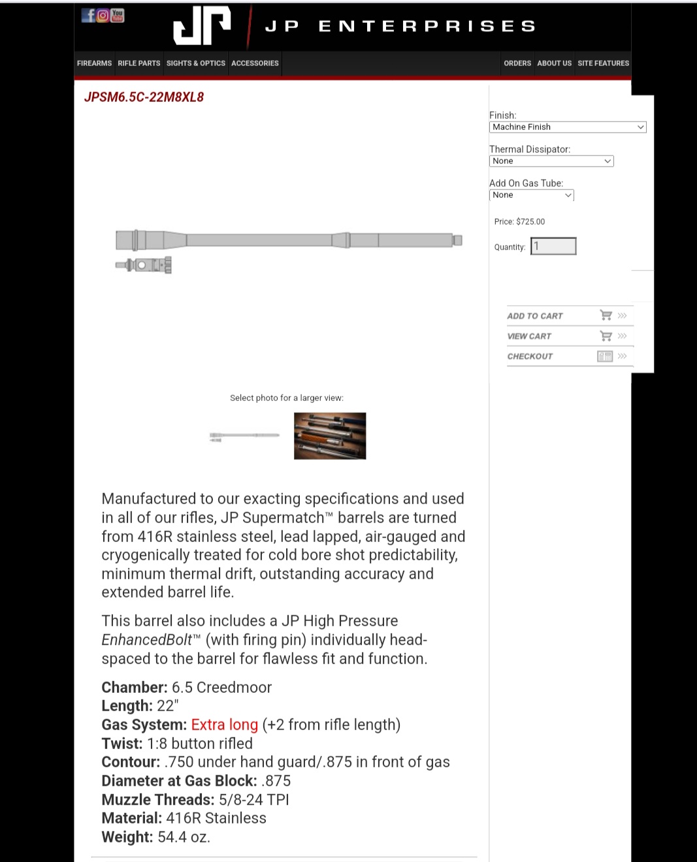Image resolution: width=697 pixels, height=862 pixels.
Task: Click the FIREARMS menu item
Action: [94, 63]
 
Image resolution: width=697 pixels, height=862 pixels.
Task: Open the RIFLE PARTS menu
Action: [138, 63]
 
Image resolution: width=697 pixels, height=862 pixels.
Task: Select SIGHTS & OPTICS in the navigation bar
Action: [195, 63]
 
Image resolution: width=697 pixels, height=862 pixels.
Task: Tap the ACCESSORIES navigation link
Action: [255, 63]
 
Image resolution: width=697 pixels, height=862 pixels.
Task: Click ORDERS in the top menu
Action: [517, 63]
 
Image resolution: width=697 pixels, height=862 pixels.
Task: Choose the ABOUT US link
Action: [554, 63]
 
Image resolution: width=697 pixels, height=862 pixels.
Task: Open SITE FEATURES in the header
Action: [603, 63]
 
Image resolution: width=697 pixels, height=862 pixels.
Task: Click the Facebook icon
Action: [88, 15]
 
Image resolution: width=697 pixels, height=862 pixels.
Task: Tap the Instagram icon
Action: [103, 15]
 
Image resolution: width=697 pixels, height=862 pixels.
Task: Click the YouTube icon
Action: [118, 15]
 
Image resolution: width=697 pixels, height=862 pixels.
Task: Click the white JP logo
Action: [202, 26]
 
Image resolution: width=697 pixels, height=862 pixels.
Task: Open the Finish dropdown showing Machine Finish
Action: [567, 127]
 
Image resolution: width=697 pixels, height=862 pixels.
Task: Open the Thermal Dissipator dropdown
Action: [551, 161]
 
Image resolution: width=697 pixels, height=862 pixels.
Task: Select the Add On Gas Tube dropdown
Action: [531, 195]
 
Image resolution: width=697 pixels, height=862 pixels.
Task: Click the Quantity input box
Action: [553, 246]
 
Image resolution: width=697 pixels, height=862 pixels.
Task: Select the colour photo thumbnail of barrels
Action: [330, 436]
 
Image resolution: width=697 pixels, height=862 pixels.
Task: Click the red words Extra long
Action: [224, 725]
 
